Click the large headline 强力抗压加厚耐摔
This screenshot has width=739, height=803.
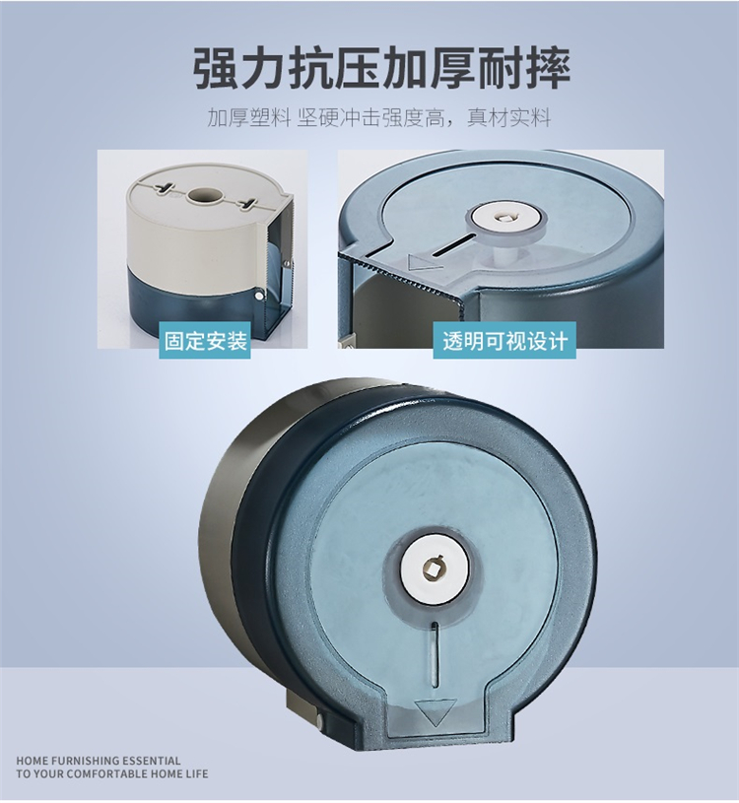(381, 69)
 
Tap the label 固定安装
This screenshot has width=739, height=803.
(205, 341)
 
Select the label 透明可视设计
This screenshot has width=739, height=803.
(504, 341)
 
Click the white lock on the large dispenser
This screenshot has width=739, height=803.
(434, 567)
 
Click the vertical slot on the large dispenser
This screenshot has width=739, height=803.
(435, 654)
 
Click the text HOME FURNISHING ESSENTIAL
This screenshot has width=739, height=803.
(99, 761)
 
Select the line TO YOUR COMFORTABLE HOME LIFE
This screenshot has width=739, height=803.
(112, 773)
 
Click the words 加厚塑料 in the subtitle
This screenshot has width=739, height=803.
(249, 118)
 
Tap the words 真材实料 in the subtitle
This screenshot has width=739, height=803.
(509, 118)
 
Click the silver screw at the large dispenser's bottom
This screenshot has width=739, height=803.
(320, 721)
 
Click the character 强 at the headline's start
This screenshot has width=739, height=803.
(215, 69)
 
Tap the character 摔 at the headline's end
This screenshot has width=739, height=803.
(548, 69)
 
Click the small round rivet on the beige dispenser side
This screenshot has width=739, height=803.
(260, 297)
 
